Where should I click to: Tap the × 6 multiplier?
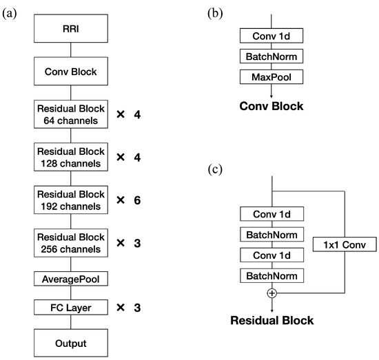click(129, 200)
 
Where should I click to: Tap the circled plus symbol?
click(273, 293)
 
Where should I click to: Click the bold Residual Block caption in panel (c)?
click(273, 320)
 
